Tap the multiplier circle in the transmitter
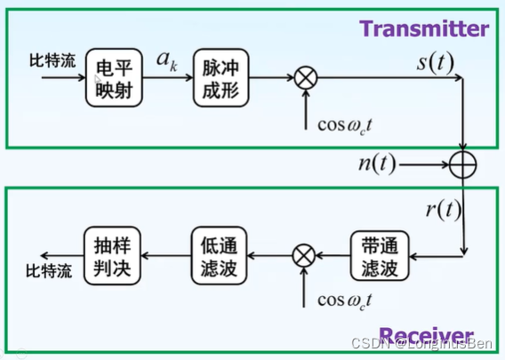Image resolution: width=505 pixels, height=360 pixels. point(305,78)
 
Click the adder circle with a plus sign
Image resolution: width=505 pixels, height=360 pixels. point(464,165)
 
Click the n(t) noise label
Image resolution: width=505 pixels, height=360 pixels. point(376,165)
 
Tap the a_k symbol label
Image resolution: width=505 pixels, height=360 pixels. point(167,62)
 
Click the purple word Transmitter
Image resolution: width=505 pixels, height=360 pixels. point(424,28)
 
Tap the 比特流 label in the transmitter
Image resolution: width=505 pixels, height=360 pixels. point(52,63)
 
